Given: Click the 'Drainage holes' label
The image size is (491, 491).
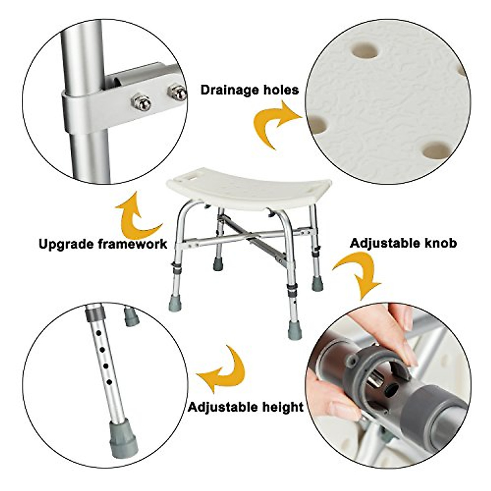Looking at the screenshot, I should point(249,90).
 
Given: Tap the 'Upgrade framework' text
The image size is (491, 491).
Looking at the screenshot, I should point(103,244).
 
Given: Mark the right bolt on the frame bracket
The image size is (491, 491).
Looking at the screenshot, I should point(178,92).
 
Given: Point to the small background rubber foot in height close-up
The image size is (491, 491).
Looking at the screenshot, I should point(131,317).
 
